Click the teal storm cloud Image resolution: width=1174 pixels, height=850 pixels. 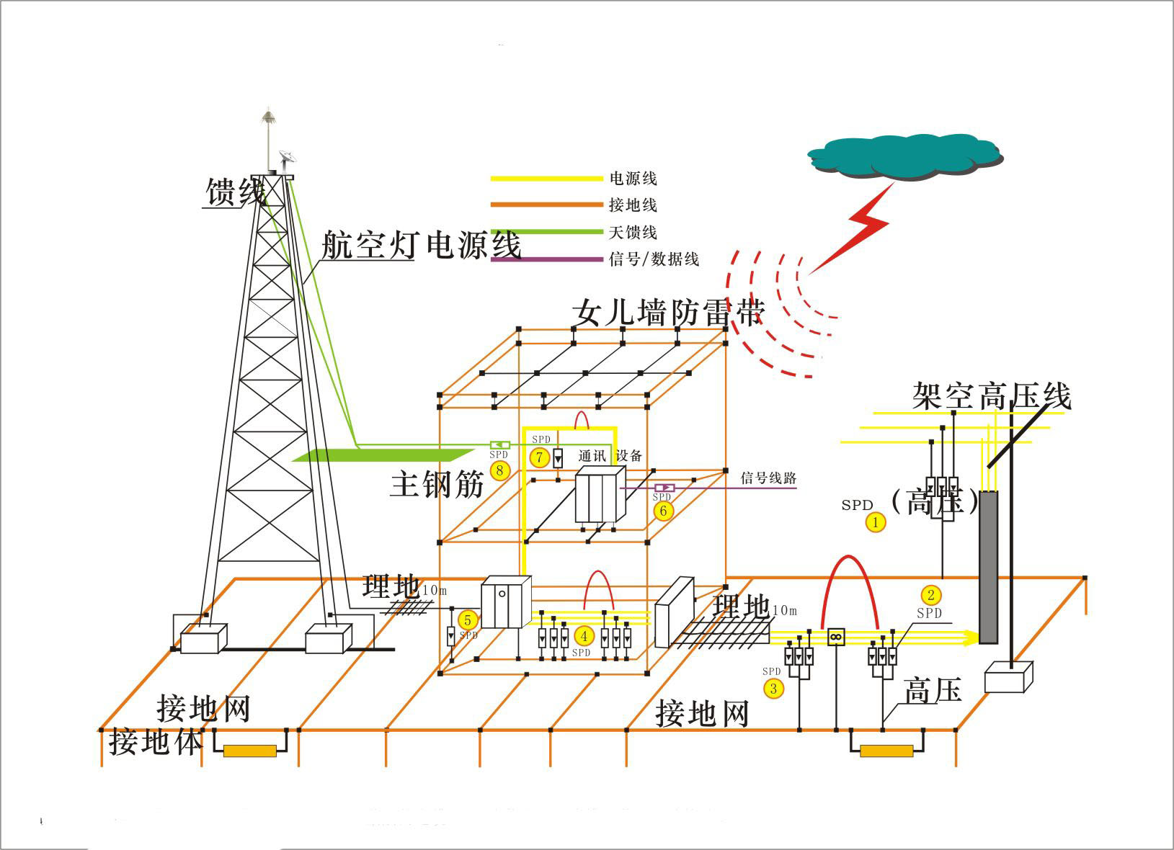pyautogui.click(x=904, y=154)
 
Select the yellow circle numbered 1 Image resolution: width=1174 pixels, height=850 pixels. pyautogui.click(x=876, y=522)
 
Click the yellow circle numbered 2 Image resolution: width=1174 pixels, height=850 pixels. pyautogui.click(x=931, y=595)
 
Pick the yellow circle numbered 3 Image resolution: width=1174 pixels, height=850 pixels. pyautogui.click(x=773, y=688)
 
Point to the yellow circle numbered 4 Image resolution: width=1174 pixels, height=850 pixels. pyautogui.click(x=584, y=636)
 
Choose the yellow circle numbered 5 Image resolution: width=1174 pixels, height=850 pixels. pyautogui.click(x=467, y=619)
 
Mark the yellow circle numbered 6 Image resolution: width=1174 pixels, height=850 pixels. pyautogui.click(x=663, y=511)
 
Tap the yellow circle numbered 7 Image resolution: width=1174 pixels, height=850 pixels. pyautogui.click(x=538, y=457)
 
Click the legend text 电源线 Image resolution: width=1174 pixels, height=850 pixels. pyautogui.click(x=633, y=179)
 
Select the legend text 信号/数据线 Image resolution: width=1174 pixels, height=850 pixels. pyautogui.click(x=654, y=259)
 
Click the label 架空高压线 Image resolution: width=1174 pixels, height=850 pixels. pyautogui.click(x=991, y=395)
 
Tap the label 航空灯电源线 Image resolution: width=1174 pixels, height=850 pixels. pyautogui.click(x=421, y=245)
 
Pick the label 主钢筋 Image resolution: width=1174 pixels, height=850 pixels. pyautogui.click(x=437, y=484)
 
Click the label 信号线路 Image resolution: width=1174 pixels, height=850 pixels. pyautogui.click(x=768, y=478)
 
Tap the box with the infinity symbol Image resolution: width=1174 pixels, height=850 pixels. pyautogui.click(x=836, y=636)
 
